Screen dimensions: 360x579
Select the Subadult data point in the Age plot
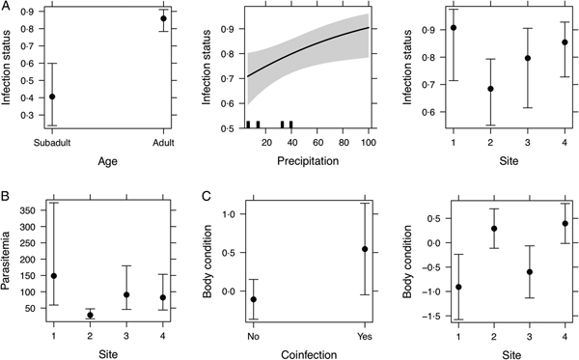click(x=52, y=97)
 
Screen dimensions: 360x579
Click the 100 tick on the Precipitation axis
click(x=368, y=143)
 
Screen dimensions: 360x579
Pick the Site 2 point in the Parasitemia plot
click(x=90, y=315)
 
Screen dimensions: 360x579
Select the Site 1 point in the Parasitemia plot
click(x=52, y=276)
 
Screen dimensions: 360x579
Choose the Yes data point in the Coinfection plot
click(x=365, y=249)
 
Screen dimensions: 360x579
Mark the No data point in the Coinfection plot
click(x=253, y=299)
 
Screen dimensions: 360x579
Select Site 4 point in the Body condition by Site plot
click(x=565, y=223)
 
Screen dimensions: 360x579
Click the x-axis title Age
click(x=107, y=161)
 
